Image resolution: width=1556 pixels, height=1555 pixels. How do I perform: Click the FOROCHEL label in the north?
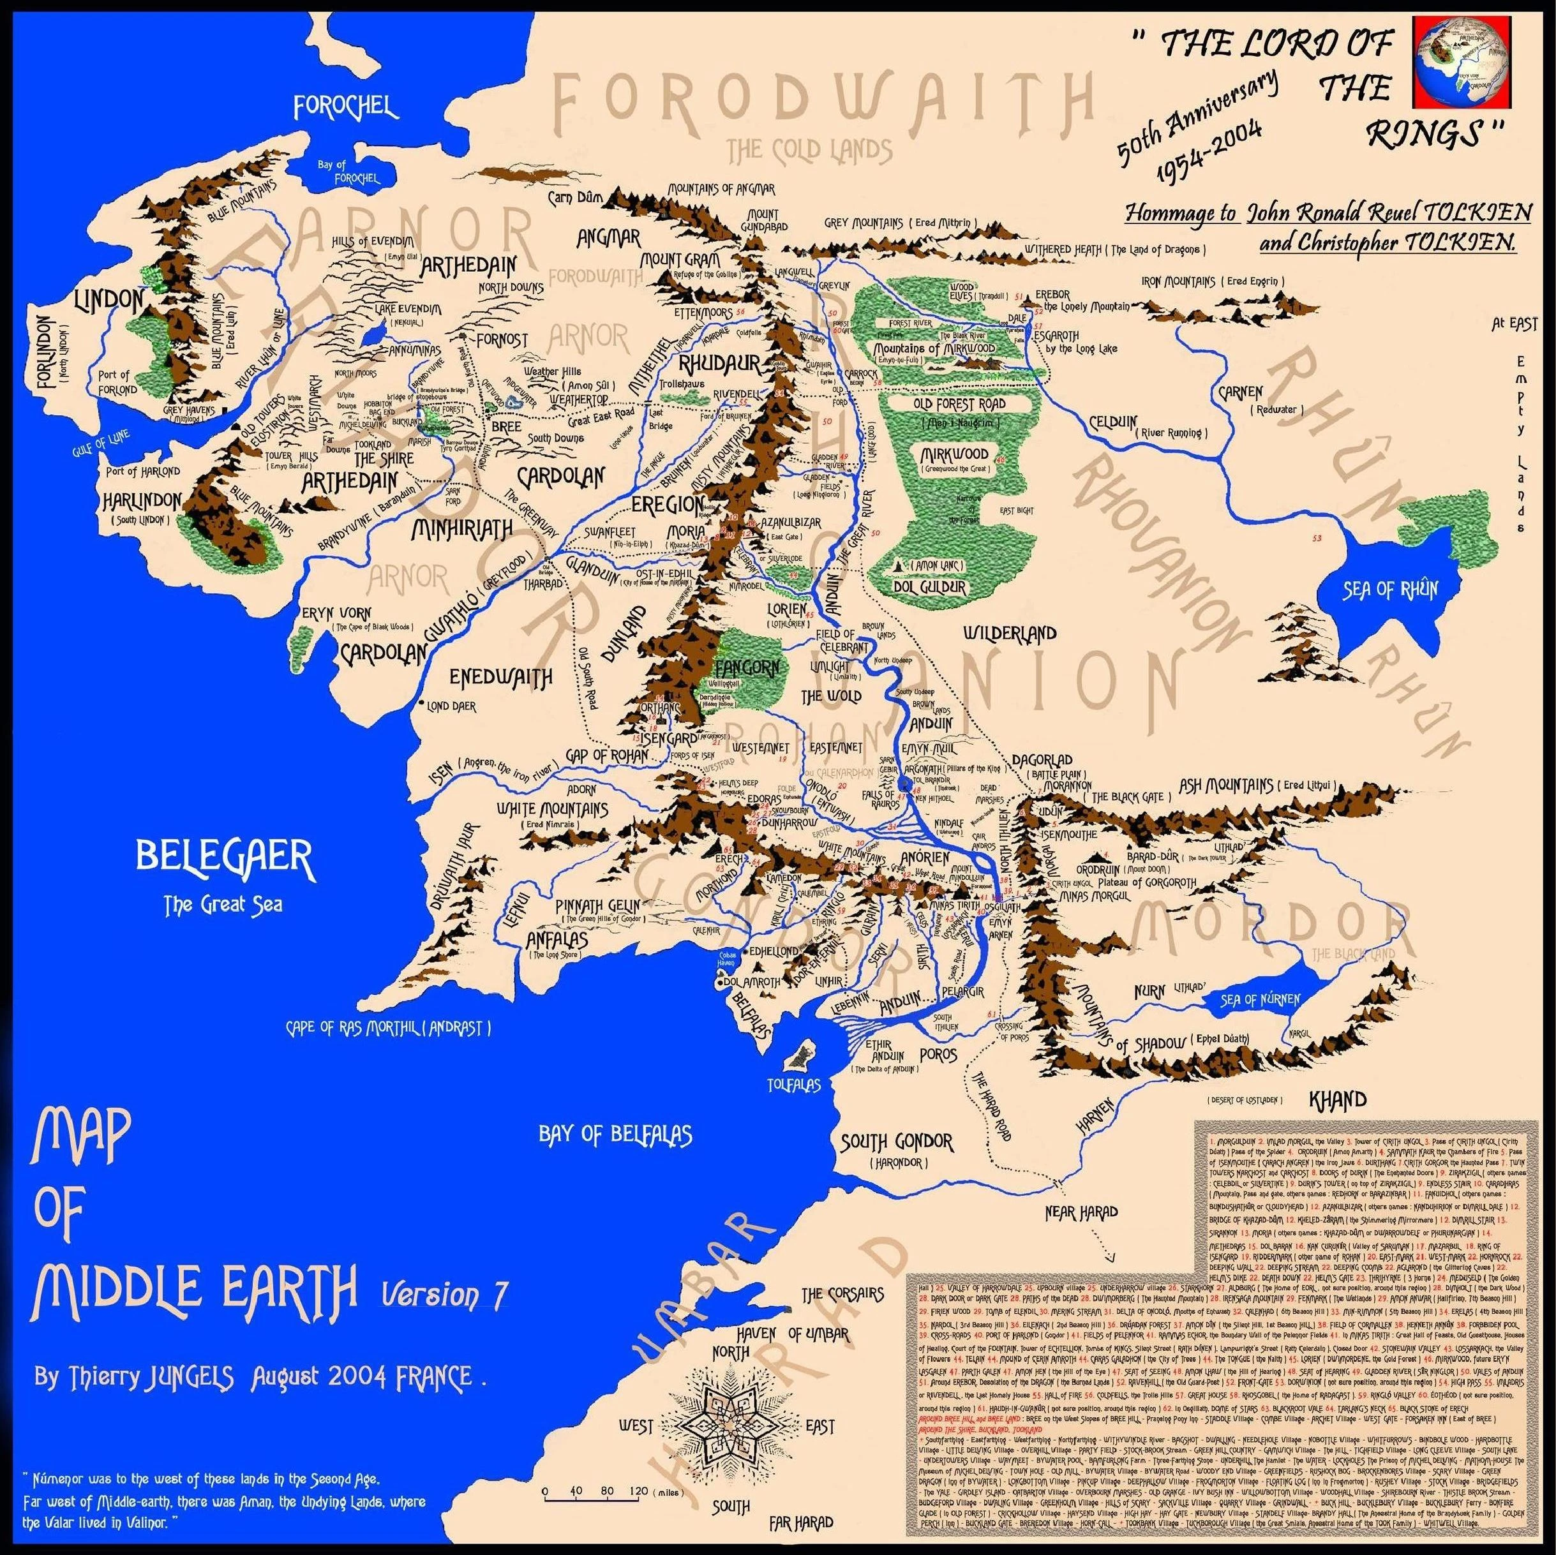pyautogui.click(x=345, y=107)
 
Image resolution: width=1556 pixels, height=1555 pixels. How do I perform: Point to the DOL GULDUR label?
pyautogui.click(x=931, y=587)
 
